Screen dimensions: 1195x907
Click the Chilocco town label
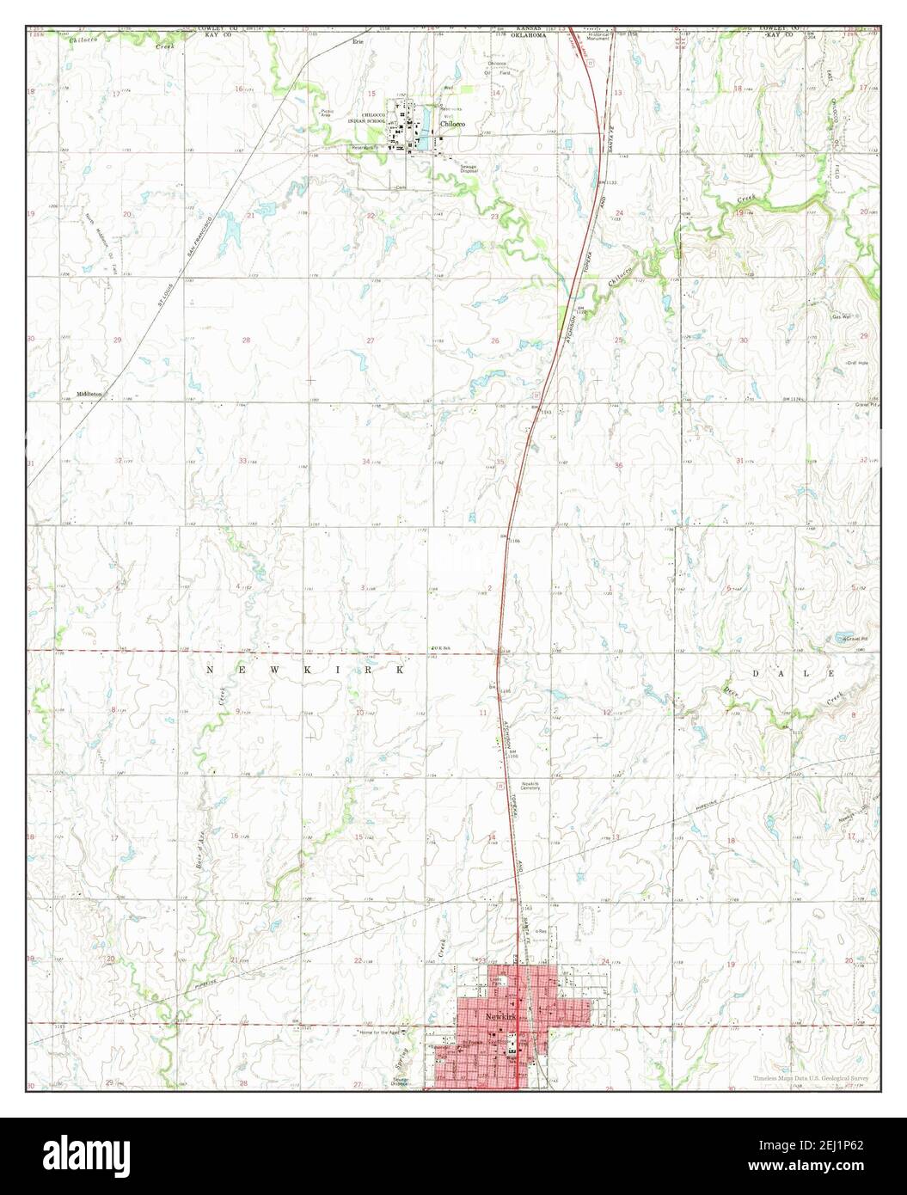(x=453, y=124)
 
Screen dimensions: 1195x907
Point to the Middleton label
(x=89, y=394)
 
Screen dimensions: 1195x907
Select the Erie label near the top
(x=359, y=41)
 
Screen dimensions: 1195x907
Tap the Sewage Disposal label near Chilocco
(x=469, y=169)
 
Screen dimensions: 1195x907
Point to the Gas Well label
(x=842, y=317)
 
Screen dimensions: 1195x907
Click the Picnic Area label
(x=328, y=113)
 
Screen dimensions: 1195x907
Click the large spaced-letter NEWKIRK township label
(x=305, y=669)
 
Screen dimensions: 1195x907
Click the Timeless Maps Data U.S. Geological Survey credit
(x=811, y=1077)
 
